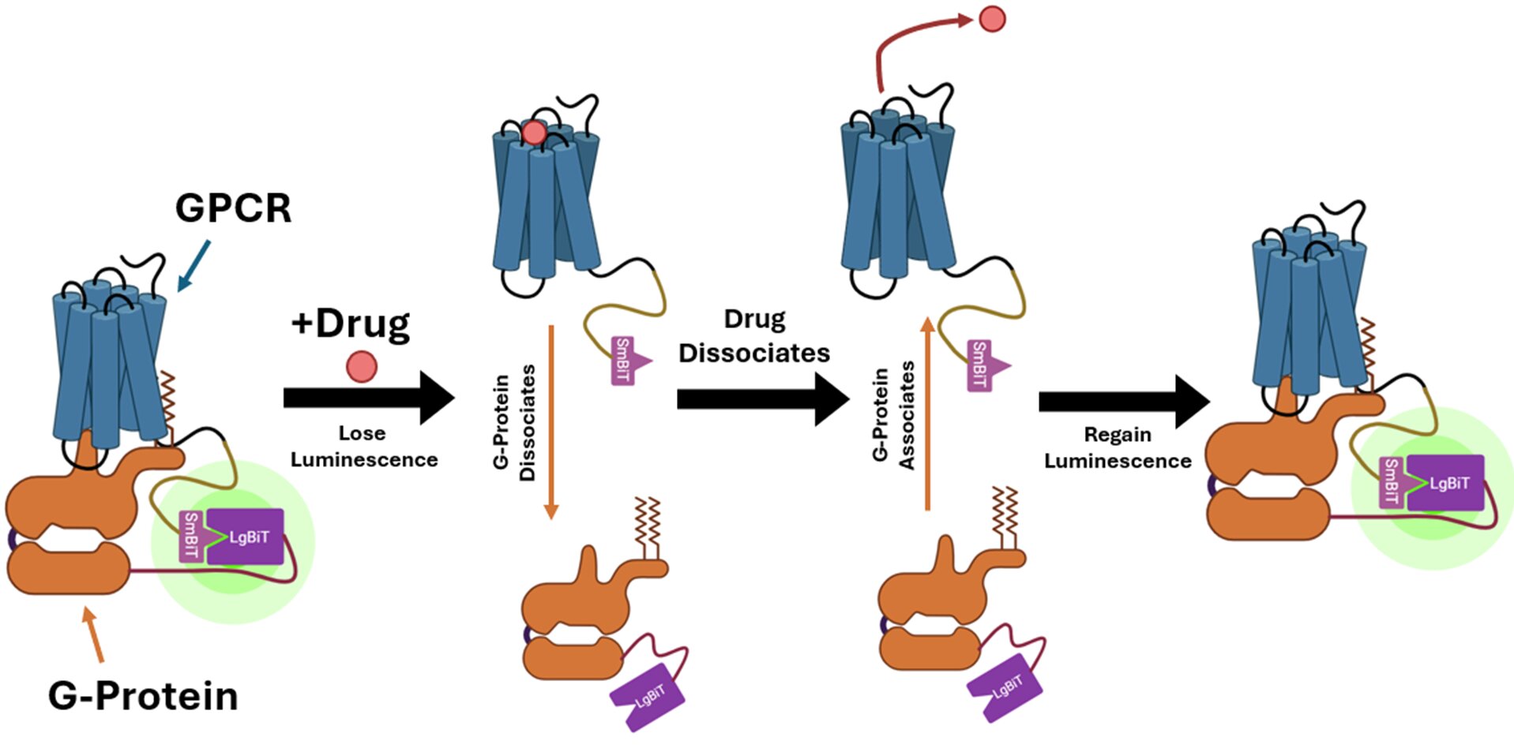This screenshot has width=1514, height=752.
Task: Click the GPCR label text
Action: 233,208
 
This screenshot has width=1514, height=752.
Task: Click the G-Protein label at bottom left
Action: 143,696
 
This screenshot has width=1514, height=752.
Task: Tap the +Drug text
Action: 351,324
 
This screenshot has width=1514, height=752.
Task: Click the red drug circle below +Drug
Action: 362,367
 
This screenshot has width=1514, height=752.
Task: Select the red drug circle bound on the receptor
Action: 534,133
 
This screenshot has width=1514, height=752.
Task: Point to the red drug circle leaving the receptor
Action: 992,19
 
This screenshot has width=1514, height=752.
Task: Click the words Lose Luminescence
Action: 363,447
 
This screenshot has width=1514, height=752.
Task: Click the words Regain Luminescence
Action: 1118,448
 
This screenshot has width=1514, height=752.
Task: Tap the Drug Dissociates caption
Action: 754,336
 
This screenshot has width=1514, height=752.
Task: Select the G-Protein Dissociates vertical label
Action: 514,422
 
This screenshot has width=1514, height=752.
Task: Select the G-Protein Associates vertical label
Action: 893,415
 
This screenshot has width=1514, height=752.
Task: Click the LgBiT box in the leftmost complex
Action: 246,537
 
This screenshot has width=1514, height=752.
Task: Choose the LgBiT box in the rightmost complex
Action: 1447,483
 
